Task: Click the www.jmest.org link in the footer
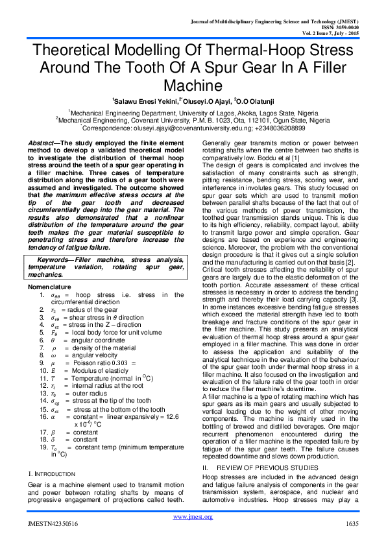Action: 193,516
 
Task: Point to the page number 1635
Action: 352,523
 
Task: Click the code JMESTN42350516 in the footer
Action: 52,523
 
